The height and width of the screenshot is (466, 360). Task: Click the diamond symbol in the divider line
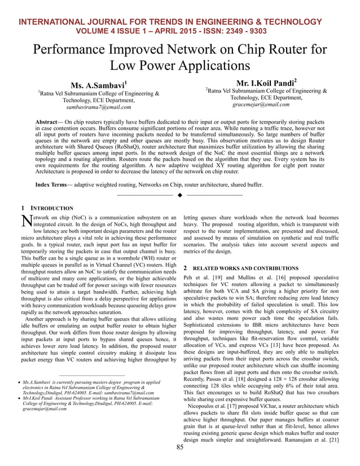click(x=179, y=195)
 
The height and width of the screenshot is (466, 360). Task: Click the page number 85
click(x=180, y=447)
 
